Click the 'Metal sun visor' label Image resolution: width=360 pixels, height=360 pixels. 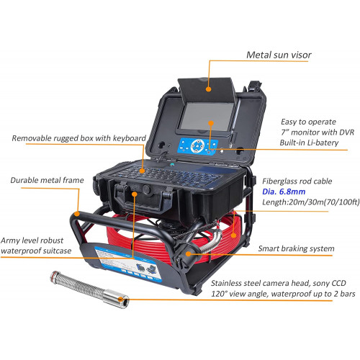[x=279, y=55]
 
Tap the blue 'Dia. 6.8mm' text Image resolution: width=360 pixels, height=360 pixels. [x=284, y=192]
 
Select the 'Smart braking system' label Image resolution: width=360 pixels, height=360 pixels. [x=296, y=248]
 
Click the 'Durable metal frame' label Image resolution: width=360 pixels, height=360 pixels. [x=47, y=180]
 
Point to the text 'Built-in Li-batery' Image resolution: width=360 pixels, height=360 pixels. [x=309, y=143]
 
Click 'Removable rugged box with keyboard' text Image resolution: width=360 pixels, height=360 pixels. [x=79, y=138]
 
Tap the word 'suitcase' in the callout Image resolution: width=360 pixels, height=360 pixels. [x=57, y=251]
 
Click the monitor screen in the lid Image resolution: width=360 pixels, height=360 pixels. [x=207, y=117]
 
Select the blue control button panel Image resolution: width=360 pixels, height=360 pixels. [x=198, y=146]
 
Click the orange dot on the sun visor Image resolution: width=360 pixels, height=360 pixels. [x=209, y=89]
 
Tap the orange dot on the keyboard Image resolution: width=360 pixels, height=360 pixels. [x=143, y=171]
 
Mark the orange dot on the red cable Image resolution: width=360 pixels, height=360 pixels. [x=233, y=235]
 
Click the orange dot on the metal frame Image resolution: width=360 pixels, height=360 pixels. [x=77, y=214]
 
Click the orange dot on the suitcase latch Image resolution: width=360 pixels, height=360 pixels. [x=135, y=194]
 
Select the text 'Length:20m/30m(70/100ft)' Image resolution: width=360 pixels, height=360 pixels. [x=311, y=202]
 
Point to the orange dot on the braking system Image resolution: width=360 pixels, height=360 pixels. [x=189, y=253]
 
